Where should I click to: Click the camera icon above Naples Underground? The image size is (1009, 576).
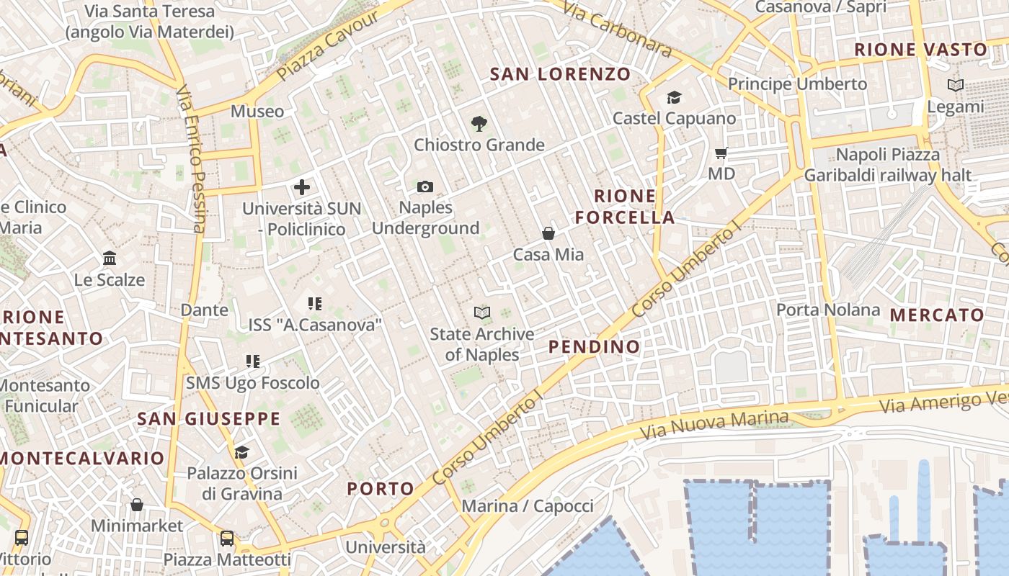(425, 187)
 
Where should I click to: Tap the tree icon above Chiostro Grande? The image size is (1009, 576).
(479, 124)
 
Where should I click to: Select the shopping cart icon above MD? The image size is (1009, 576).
(721, 153)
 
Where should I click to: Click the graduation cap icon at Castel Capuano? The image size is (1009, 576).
(674, 97)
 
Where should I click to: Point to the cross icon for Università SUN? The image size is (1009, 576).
(302, 188)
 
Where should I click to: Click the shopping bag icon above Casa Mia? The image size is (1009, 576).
(548, 233)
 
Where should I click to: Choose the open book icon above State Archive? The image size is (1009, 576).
(482, 312)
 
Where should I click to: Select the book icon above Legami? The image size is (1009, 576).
(956, 86)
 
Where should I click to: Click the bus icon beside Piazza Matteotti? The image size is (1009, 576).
(227, 538)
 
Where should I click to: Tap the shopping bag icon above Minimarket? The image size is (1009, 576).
(137, 505)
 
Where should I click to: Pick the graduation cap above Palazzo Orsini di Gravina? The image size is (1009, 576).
(241, 452)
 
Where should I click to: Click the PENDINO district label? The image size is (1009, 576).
(594, 346)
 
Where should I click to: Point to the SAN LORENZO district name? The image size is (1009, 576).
(560, 73)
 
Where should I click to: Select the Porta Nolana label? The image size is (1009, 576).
(828, 310)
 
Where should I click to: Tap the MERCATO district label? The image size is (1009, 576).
(937, 315)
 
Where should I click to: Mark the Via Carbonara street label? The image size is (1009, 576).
(616, 29)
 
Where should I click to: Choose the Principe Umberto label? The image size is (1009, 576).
(797, 84)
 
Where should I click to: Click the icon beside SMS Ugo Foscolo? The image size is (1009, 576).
(252, 361)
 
